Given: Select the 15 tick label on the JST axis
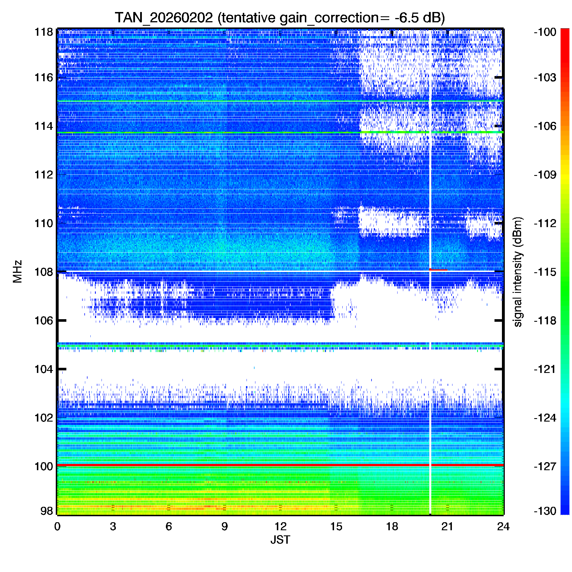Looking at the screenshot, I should [x=336, y=527].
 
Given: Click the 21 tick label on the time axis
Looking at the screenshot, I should [x=447, y=527].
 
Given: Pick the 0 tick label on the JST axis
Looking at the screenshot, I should [x=57, y=527].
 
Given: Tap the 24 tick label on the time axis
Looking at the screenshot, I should [x=503, y=527].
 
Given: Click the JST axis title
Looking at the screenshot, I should [x=280, y=540].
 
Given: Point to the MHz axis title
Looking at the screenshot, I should [x=17, y=271].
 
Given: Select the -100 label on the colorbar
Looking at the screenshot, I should [x=545, y=32].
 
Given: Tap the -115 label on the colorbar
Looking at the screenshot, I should [x=545, y=272].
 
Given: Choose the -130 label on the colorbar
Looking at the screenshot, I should [x=545, y=511].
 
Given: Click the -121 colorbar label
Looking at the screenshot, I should [x=545, y=369].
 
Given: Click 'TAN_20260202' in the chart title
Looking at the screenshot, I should [x=164, y=18].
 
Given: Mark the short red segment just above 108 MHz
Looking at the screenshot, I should [x=438, y=269].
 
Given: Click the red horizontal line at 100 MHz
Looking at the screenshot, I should [x=237, y=465].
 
